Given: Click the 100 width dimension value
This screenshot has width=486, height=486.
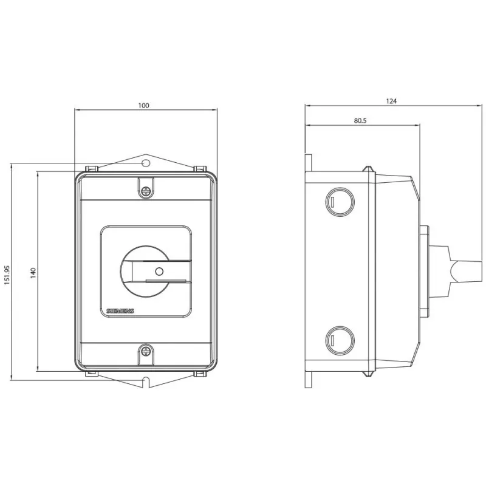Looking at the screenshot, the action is pyautogui.click(x=143, y=105).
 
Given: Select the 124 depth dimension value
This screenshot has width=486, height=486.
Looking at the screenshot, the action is pyautogui.click(x=391, y=101).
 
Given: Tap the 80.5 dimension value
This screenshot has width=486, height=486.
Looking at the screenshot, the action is pyautogui.click(x=360, y=120).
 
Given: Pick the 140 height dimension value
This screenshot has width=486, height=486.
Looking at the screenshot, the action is pyautogui.click(x=33, y=273).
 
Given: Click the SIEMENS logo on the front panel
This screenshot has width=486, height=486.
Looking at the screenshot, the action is pyautogui.click(x=120, y=311).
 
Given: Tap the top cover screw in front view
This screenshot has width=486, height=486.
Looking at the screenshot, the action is pyautogui.click(x=145, y=191).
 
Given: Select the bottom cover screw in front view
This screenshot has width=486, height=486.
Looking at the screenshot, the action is pyautogui.click(x=145, y=351).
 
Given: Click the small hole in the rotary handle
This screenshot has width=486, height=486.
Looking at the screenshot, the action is pyautogui.click(x=159, y=272).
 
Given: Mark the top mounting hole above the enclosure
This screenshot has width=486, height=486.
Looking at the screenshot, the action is pyautogui.click(x=146, y=163).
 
